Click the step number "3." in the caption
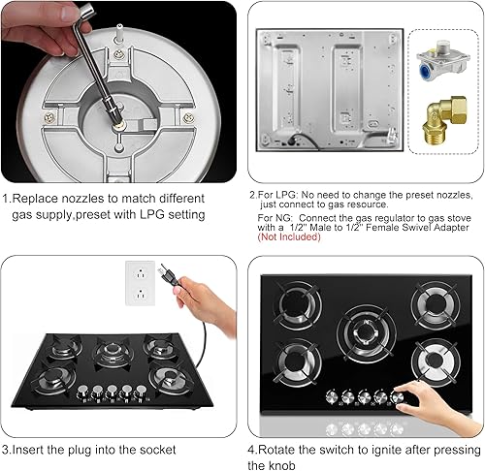click(x=8, y=449)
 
